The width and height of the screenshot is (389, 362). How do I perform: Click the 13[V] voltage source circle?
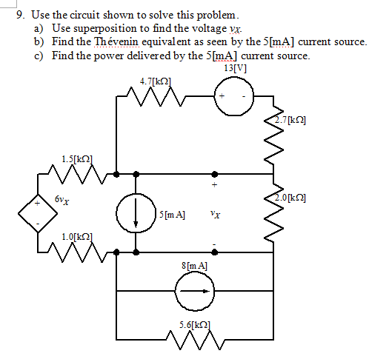point(234,77)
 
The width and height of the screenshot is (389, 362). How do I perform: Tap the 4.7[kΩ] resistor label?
point(156,81)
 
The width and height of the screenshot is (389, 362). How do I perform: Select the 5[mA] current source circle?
point(136,194)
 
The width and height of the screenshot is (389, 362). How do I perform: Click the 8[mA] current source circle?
point(194,272)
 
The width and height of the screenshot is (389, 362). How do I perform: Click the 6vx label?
point(62,200)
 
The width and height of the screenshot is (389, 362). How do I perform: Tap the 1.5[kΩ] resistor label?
point(77,159)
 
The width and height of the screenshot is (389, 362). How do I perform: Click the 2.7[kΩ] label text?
point(290,120)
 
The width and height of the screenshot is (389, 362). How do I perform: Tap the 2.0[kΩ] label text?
point(290,198)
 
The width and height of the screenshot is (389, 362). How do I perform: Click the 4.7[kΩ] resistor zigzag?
point(156,96)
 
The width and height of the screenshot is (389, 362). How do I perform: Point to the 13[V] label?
point(235,68)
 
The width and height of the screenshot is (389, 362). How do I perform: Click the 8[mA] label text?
point(194,266)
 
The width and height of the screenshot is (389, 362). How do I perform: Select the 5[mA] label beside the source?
point(172,215)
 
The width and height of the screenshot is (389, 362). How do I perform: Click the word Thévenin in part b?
point(116,41)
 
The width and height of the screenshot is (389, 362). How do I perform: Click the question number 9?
point(20,15)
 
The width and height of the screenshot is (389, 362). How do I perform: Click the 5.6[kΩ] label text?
point(195,325)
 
